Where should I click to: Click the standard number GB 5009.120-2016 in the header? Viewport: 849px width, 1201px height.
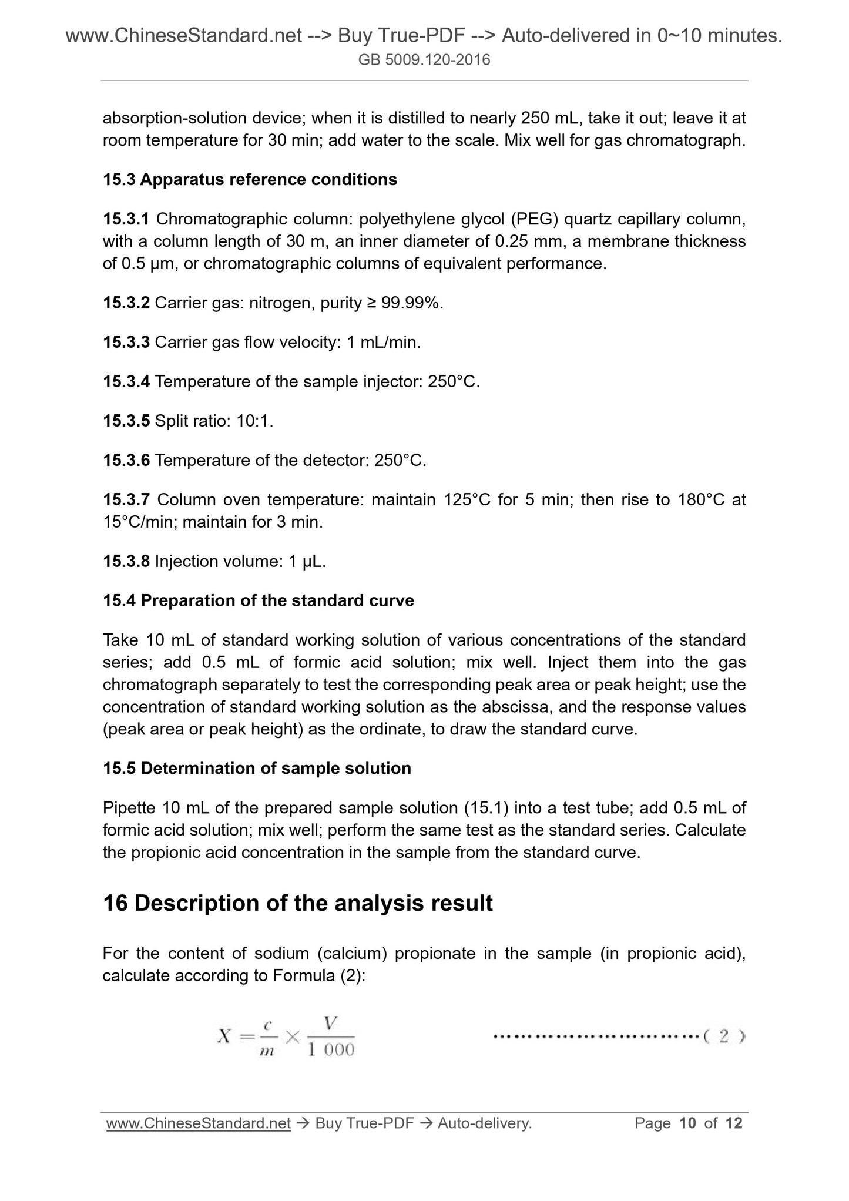[x=424, y=59]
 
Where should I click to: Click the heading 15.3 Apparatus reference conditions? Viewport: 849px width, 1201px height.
[x=250, y=179]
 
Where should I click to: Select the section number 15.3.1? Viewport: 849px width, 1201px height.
[x=126, y=219]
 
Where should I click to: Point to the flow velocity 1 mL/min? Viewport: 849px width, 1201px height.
[x=383, y=342]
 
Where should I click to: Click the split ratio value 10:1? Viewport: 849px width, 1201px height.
[x=255, y=421]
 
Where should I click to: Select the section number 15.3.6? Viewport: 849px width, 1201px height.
[x=126, y=460]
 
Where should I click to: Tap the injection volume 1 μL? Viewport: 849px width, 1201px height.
[x=307, y=561]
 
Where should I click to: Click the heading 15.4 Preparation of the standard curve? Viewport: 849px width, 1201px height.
[x=259, y=600]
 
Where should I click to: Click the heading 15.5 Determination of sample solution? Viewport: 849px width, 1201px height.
[x=257, y=768]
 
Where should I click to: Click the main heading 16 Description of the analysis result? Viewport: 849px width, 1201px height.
[x=297, y=903]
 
